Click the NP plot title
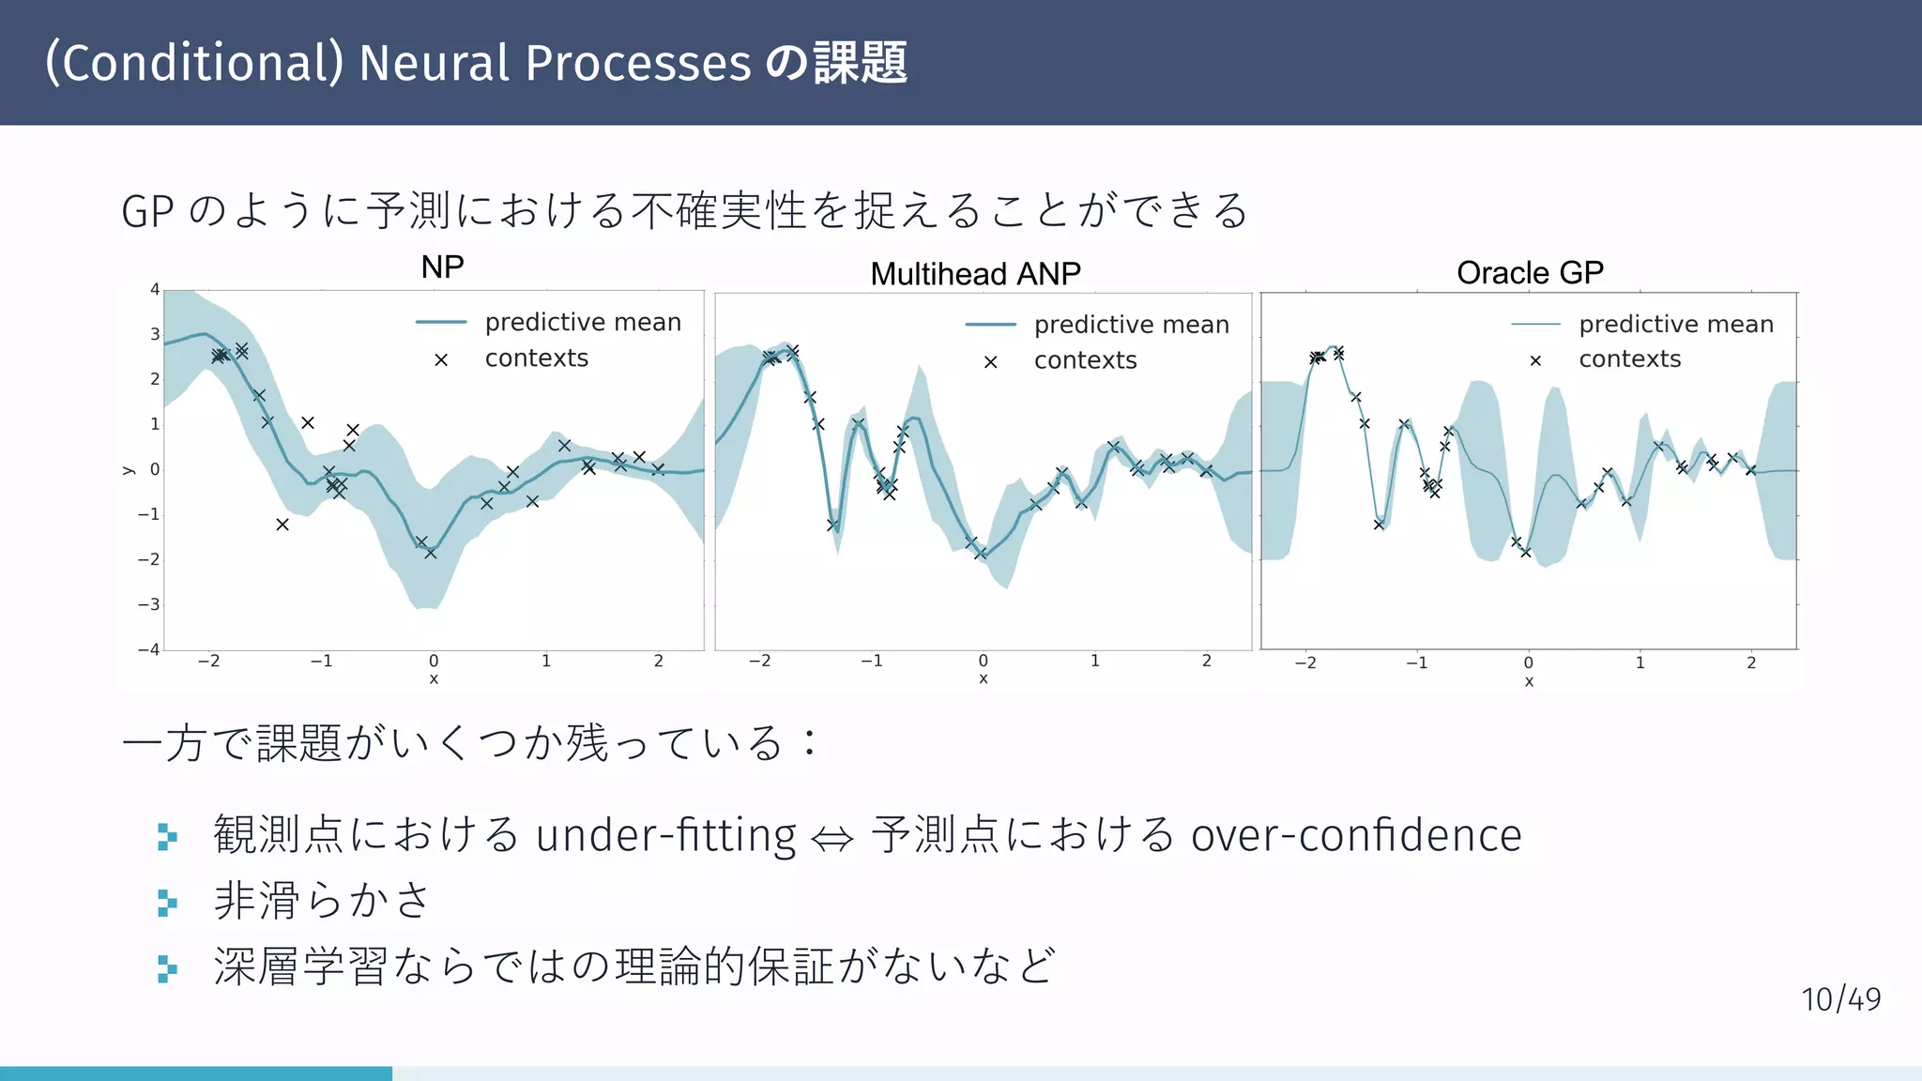click(x=442, y=267)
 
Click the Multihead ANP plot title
click(x=975, y=274)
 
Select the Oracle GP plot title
click(x=1530, y=273)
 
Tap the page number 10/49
click(x=1840, y=1000)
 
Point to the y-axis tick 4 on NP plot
click(x=155, y=289)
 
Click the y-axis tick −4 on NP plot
click(x=149, y=649)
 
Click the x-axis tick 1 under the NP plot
click(x=546, y=662)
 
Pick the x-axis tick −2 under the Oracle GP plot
click(x=1305, y=663)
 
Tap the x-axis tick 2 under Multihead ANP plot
click(x=1207, y=662)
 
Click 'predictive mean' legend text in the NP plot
click(x=583, y=323)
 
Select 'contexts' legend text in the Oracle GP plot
click(x=1629, y=359)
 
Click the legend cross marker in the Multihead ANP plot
click(x=990, y=362)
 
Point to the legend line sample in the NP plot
click(x=441, y=323)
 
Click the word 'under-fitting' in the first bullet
click(x=665, y=835)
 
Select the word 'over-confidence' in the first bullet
click(x=1356, y=835)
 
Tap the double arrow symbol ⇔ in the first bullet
click(x=832, y=838)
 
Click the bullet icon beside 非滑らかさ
click(x=167, y=903)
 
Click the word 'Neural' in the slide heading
click(x=434, y=64)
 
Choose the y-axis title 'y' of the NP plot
click(x=129, y=470)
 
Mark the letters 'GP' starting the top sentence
click(x=147, y=212)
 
